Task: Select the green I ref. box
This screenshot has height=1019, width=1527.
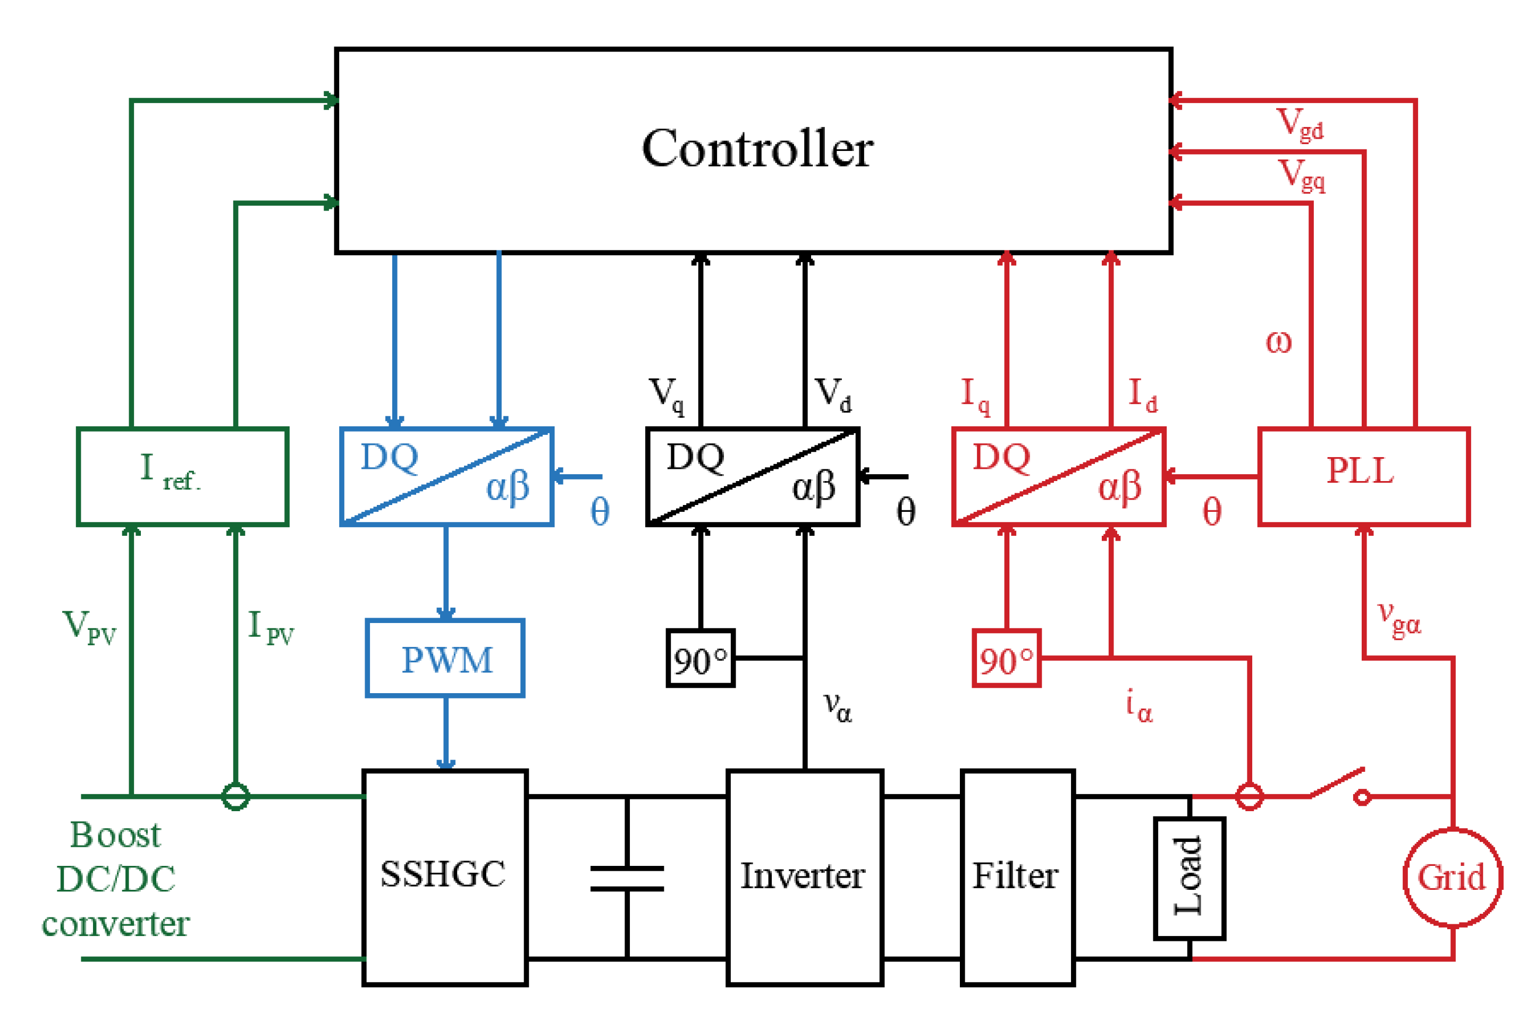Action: point(183,476)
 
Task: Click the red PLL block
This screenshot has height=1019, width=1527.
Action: point(1363,476)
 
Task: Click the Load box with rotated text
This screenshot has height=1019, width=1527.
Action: point(1189,877)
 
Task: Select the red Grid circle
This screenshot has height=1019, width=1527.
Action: point(1452,877)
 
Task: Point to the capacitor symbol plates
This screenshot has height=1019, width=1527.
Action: point(627,879)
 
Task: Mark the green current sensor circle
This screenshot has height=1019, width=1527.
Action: point(235,796)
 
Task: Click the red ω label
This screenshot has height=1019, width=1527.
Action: point(1278,342)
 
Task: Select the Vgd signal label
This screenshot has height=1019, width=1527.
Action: point(1300,123)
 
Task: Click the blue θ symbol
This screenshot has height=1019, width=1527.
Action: point(600,511)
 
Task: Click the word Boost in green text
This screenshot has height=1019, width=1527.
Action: point(115,835)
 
